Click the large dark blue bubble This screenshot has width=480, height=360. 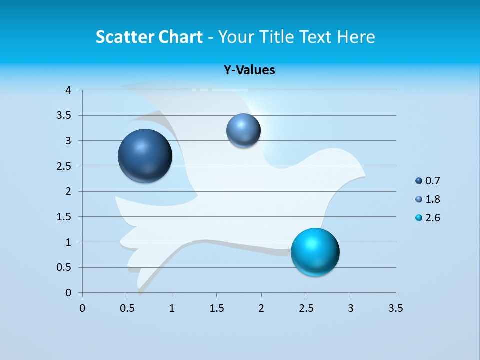click(145, 156)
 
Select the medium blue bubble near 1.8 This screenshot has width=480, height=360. click(243, 130)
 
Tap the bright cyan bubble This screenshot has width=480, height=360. click(315, 252)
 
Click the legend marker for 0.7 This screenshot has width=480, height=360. click(419, 181)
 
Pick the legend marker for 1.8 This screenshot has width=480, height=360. click(419, 199)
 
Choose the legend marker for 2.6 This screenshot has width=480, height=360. click(419, 218)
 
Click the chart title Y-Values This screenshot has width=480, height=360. click(249, 70)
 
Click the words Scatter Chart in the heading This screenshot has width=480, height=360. click(149, 37)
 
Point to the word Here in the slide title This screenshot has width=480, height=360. click(356, 37)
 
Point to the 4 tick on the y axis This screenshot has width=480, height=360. click(68, 90)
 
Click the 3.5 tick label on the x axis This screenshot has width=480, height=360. click(395, 308)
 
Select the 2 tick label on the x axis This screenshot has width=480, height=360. click(261, 308)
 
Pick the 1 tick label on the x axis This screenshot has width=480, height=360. click(172, 308)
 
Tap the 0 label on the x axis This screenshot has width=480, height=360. click(82, 308)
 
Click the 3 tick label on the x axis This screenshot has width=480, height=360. click(351, 308)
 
